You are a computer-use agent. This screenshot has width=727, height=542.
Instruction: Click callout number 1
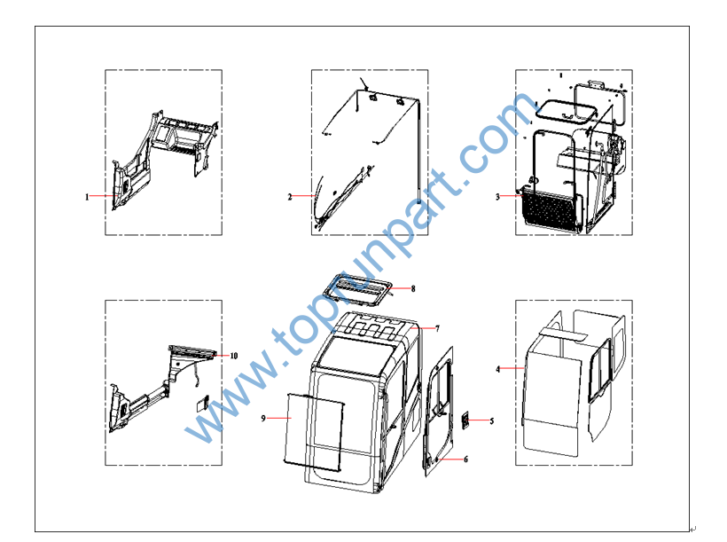click(x=87, y=197)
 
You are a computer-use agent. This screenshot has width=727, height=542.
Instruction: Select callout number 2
click(x=290, y=197)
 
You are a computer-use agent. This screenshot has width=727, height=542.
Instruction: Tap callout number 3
click(x=497, y=197)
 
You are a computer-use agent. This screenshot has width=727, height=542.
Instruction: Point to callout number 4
click(x=498, y=369)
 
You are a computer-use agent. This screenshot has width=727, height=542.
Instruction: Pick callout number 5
click(x=492, y=420)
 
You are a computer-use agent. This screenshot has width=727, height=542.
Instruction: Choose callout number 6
click(x=465, y=460)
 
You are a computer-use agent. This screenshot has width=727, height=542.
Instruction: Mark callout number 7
click(x=437, y=328)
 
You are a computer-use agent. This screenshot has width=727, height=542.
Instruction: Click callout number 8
click(x=413, y=288)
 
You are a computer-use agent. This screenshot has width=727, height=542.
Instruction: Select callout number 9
click(x=263, y=419)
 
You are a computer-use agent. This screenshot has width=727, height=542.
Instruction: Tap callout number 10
click(x=234, y=356)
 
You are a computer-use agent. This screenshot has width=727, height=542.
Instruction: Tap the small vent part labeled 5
click(x=465, y=420)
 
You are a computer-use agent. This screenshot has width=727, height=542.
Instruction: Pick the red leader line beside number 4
click(x=512, y=368)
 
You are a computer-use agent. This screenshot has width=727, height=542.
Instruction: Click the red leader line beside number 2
click(x=304, y=196)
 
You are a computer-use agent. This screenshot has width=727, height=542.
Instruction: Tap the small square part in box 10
click(x=203, y=404)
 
